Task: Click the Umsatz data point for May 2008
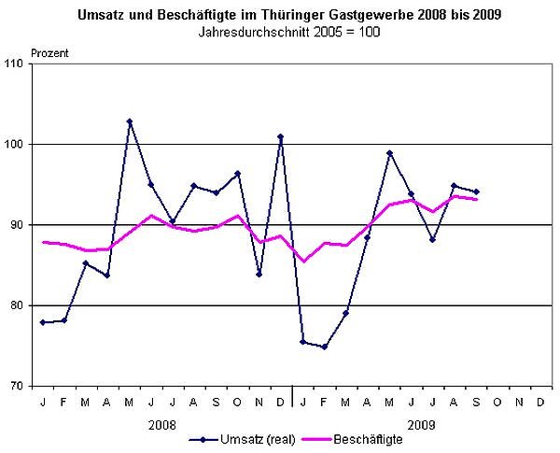pos(129,121)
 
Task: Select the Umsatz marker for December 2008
pos(280,136)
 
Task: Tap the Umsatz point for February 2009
pos(324,347)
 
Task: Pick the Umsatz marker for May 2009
pos(389,153)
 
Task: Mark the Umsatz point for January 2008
pos(43,322)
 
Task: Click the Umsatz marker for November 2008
pos(259,275)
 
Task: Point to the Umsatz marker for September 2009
pos(476,191)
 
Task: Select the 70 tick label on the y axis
pos(16,386)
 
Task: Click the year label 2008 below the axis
pos(161,422)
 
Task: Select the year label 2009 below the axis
pos(421,422)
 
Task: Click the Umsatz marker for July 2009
pos(432,240)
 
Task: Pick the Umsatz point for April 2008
pos(107,276)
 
